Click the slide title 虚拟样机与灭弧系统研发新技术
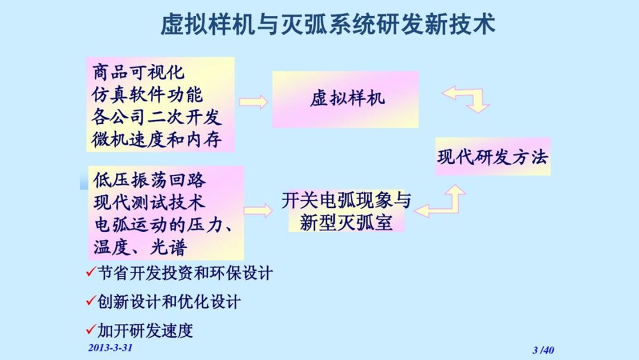tap(328, 25)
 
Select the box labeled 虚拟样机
tap(346, 98)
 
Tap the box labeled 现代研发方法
tap(493, 157)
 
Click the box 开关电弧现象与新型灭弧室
tap(346, 211)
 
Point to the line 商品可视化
tap(138, 72)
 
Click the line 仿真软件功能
tap(147, 95)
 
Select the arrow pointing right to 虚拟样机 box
tap(253, 102)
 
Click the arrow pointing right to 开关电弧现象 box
tap(258, 210)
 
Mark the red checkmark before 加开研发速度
tap(91, 329)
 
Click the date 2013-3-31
tap(110, 348)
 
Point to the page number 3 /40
tap(543, 350)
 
